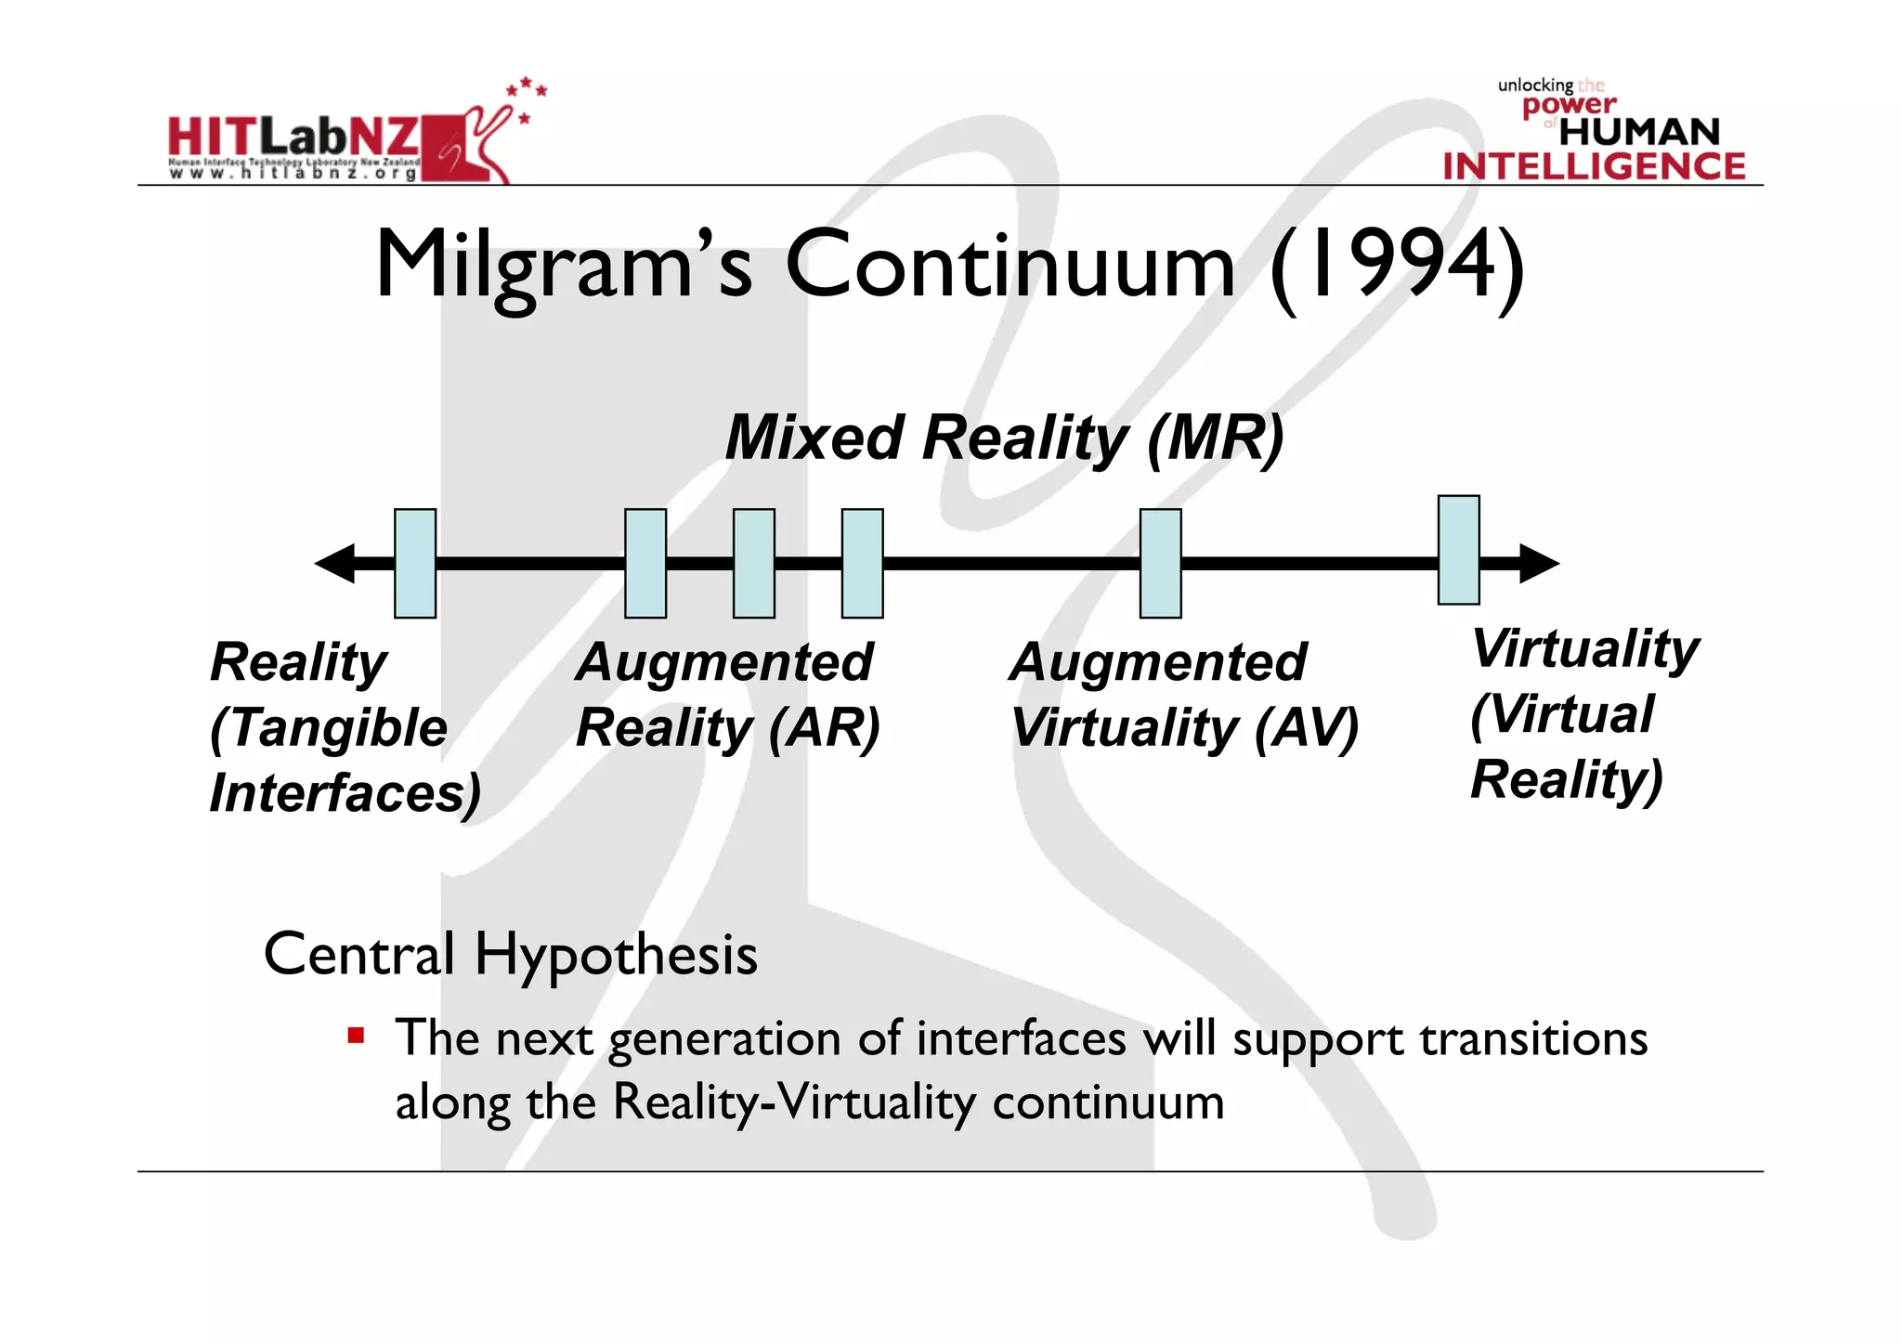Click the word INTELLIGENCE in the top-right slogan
click(1594, 167)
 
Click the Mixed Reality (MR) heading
click(1004, 437)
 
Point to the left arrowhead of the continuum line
click(335, 564)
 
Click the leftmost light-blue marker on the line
click(415, 564)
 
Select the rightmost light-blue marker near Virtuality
click(1458, 550)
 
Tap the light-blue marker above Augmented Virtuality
click(1160, 564)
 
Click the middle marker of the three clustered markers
click(753, 564)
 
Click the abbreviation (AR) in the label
click(824, 727)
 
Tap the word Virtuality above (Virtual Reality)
click(1585, 648)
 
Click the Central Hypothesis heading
click(510, 955)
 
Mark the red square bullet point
click(356, 1035)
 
